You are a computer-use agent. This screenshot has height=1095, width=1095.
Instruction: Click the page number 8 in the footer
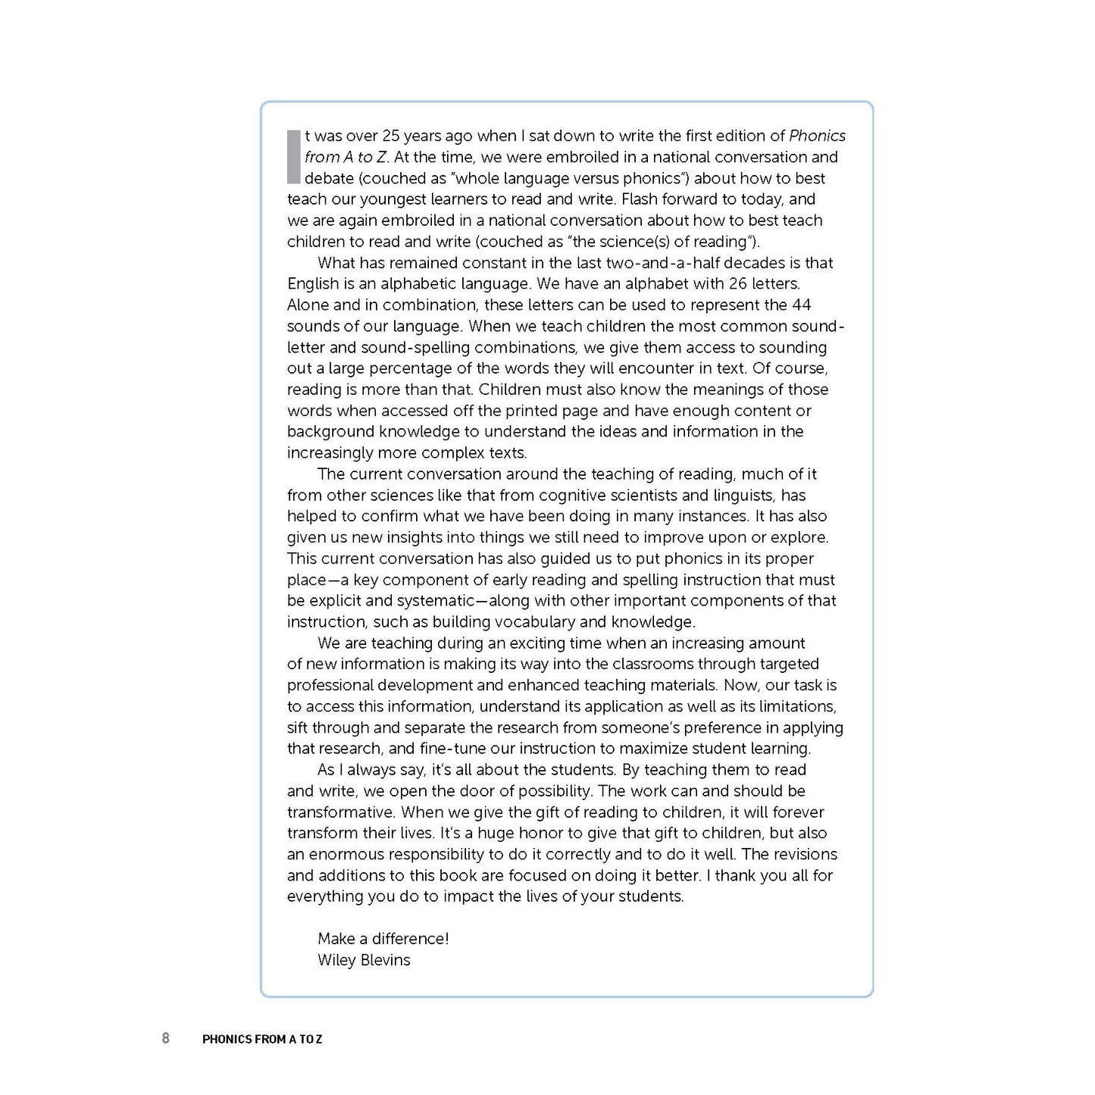click(x=166, y=1038)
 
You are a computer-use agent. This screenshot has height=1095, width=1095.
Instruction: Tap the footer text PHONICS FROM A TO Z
click(x=262, y=1039)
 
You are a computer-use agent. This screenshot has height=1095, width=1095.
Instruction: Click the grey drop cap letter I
click(x=293, y=157)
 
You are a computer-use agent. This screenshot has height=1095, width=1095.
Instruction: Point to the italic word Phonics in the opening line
click(x=817, y=136)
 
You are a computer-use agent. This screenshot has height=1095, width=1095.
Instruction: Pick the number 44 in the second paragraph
click(x=802, y=305)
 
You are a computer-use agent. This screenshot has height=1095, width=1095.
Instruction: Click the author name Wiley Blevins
click(x=364, y=960)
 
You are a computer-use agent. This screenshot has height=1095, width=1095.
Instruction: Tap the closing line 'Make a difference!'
click(x=383, y=939)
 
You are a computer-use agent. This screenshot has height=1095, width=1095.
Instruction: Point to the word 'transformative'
click(x=340, y=812)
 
